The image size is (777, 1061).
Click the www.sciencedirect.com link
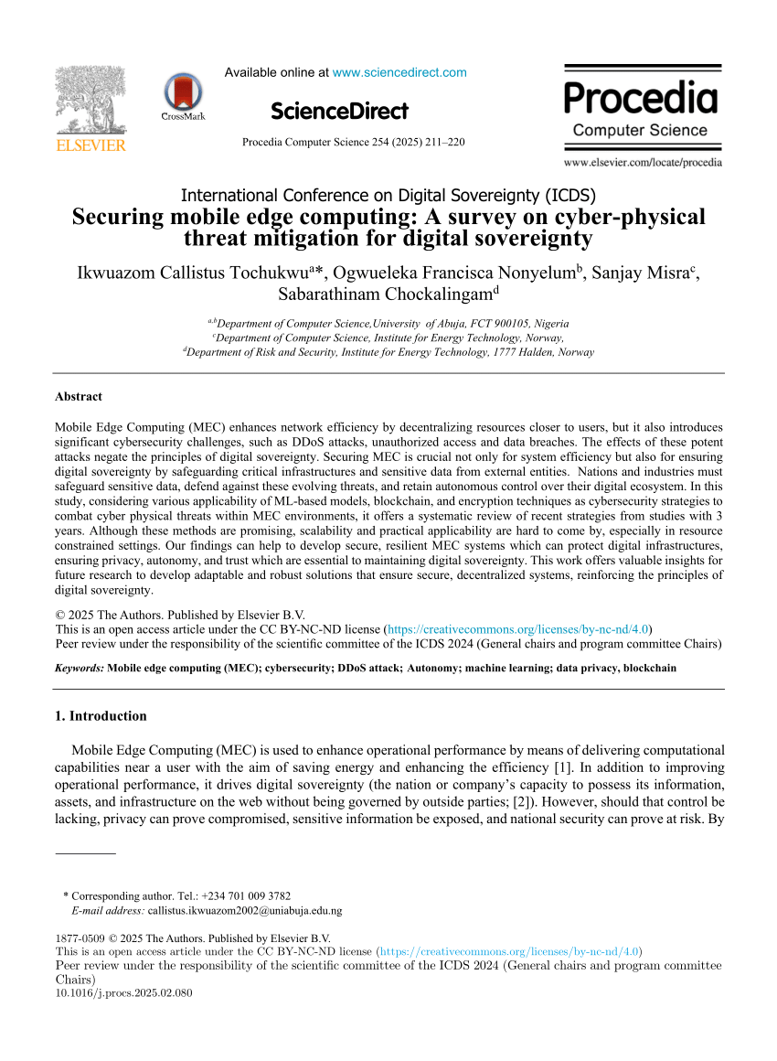pos(399,72)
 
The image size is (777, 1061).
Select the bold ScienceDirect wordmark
pos(339,112)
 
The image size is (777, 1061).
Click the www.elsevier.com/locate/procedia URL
pos(643,163)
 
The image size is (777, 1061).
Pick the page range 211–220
pos(443,142)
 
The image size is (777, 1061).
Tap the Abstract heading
pos(79,397)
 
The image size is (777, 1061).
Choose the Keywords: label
pos(80,668)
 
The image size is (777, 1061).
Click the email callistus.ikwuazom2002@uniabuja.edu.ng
pos(245,911)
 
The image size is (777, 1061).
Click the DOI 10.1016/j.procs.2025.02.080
pos(124,992)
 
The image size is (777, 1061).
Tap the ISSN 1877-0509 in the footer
pos(79,938)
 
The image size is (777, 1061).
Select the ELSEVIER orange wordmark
pos(91,145)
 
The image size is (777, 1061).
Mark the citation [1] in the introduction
pos(563,766)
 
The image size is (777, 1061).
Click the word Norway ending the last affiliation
pos(575,352)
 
